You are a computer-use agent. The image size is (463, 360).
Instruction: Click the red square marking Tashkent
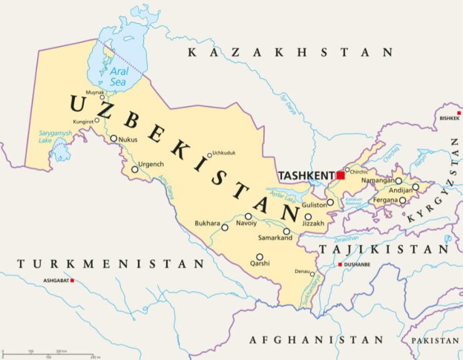340,175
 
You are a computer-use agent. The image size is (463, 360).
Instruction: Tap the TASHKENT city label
306,175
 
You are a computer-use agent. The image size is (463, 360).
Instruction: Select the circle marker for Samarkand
286,231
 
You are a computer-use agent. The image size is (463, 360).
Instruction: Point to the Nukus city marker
113,139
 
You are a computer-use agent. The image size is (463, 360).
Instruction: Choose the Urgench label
150,163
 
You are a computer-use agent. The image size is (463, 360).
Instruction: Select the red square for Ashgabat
73,280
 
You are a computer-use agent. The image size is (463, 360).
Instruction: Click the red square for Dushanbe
340,265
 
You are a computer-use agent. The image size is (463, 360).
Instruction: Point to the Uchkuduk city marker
210,155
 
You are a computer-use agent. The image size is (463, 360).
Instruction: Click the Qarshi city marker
259,257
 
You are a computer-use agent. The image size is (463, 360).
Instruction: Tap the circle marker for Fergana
402,200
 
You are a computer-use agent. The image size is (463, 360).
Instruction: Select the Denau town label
303,271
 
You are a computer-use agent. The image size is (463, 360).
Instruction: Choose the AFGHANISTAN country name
316,339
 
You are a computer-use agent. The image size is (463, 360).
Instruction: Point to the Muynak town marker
103,97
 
